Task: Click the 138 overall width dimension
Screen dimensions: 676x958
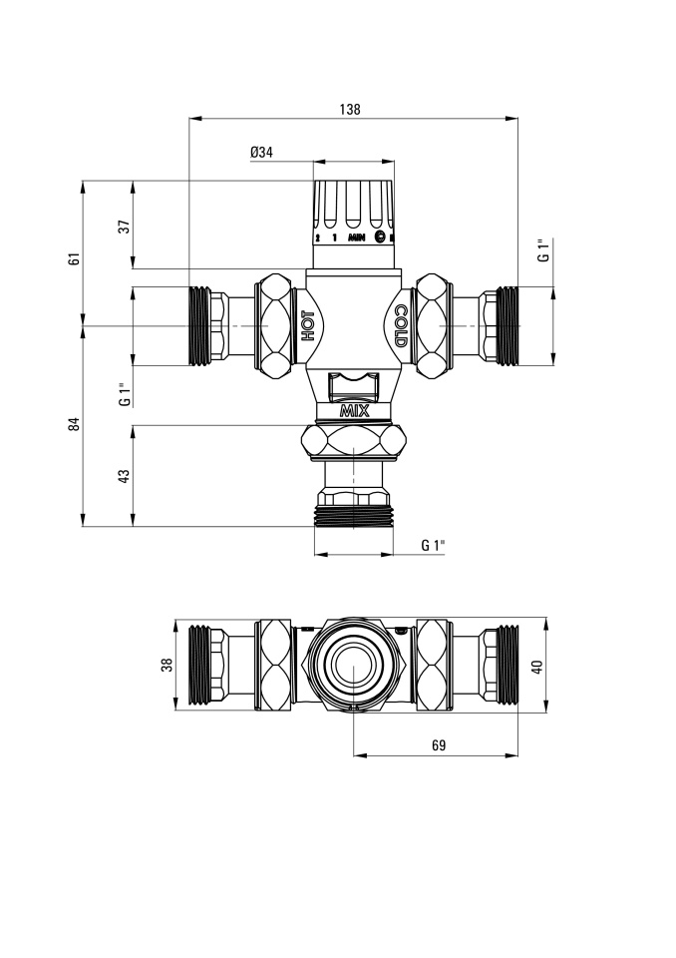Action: click(350, 110)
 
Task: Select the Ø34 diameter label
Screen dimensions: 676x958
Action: click(261, 152)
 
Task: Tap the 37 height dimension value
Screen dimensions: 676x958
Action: click(126, 227)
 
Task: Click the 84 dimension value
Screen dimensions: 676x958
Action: click(75, 423)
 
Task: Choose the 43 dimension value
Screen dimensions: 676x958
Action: click(125, 476)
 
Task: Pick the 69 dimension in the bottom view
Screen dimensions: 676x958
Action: click(439, 745)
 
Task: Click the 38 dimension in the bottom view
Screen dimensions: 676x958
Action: click(168, 665)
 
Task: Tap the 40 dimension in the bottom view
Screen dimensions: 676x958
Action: click(536, 666)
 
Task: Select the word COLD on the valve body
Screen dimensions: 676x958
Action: click(400, 326)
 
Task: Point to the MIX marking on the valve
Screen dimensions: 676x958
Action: click(355, 411)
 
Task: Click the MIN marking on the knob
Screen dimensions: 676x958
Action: click(357, 238)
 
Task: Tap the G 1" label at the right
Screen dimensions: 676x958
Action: click(543, 249)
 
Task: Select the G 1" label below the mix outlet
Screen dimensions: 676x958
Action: click(433, 545)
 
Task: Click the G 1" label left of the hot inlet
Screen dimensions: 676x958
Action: click(125, 395)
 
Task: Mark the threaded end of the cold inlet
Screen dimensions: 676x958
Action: click(507, 326)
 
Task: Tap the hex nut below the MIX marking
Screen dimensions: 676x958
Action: click(354, 441)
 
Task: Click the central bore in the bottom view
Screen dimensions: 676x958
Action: click(354, 665)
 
